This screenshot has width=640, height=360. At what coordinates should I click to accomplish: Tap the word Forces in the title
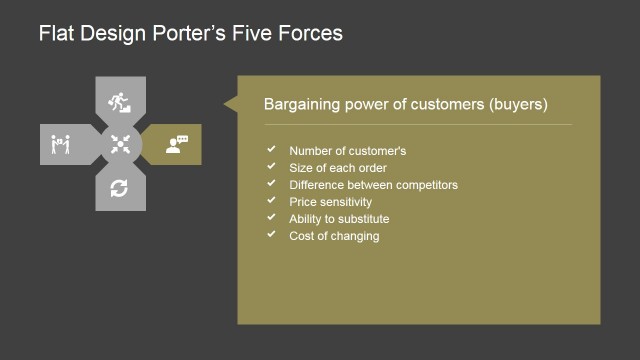(310, 34)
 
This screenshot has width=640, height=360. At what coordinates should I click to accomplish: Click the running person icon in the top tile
(120, 101)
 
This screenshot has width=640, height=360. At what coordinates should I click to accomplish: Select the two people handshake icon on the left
(59, 145)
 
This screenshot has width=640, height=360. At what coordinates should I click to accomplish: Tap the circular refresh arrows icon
(120, 188)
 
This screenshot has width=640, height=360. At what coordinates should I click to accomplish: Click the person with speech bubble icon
(177, 144)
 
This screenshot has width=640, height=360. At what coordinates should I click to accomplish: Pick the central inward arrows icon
(120, 144)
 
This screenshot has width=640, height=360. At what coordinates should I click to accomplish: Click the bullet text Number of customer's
(347, 151)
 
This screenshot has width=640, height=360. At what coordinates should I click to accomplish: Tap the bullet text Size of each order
(339, 168)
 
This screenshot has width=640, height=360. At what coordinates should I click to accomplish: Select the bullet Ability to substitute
(339, 219)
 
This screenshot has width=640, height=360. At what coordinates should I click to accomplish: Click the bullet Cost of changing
(334, 236)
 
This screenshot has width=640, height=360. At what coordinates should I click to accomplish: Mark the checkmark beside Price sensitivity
(271, 200)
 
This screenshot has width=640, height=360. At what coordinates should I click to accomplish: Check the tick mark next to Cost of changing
(271, 234)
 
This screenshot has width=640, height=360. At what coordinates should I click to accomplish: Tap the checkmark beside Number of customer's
(271, 149)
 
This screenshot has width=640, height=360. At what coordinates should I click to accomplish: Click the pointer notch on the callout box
(230, 103)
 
